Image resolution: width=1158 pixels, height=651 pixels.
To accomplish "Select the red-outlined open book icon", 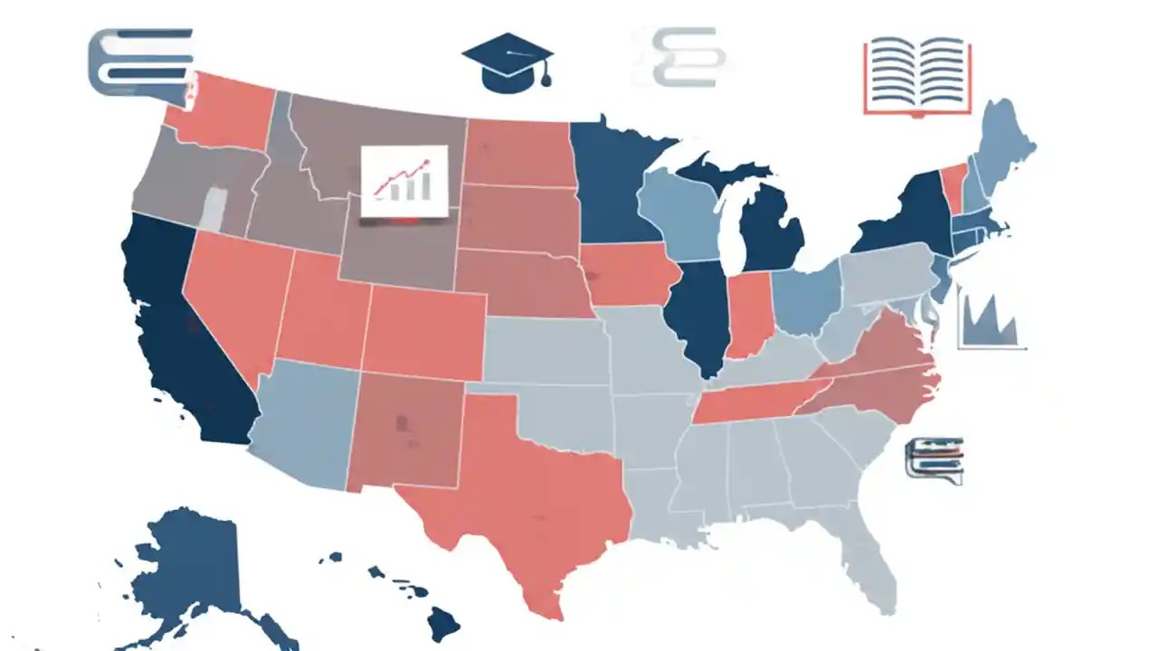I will point(917,76).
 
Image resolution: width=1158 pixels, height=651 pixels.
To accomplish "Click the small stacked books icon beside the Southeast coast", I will point(934,458).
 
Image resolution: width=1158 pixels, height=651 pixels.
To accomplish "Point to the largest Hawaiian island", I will point(443,622).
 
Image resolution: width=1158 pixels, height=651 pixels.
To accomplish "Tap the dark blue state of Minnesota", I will point(615,190).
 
